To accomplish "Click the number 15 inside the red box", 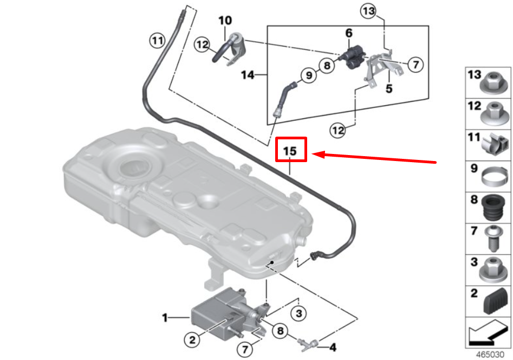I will tap(291, 151).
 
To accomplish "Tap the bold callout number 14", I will tap(247, 75).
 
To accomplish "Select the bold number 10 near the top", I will tap(225, 21).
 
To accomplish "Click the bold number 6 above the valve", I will tap(349, 33).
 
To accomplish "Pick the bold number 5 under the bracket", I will tap(388, 88).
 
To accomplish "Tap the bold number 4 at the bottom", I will tap(333, 347).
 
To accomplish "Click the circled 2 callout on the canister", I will tap(192, 340).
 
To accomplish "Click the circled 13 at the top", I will tap(368, 11).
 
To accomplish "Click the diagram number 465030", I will tap(488, 354).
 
